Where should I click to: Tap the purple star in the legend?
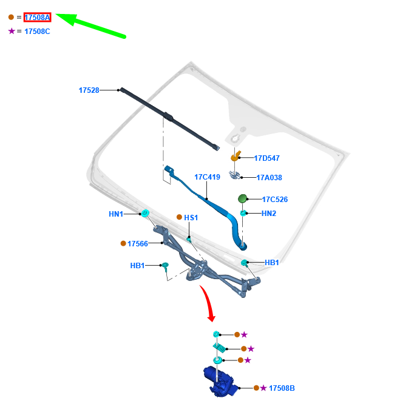[x=12, y=31]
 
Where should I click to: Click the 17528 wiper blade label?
[x=89, y=90]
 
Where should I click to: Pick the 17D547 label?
[x=266, y=158]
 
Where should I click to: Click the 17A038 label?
[x=269, y=178]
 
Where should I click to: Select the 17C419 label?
[x=207, y=177]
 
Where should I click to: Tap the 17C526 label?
[x=275, y=199]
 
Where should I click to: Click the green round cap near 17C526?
[x=242, y=198]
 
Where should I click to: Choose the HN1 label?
[x=116, y=214]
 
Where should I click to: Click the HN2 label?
[x=269, y=214]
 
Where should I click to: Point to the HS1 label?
[x=191, y=217]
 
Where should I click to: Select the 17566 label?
[x=138, y=243]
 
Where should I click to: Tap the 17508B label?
[x=282, y=388]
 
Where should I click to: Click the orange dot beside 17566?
[x=123, y=243]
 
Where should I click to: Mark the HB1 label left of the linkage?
[x=137, y=265]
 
